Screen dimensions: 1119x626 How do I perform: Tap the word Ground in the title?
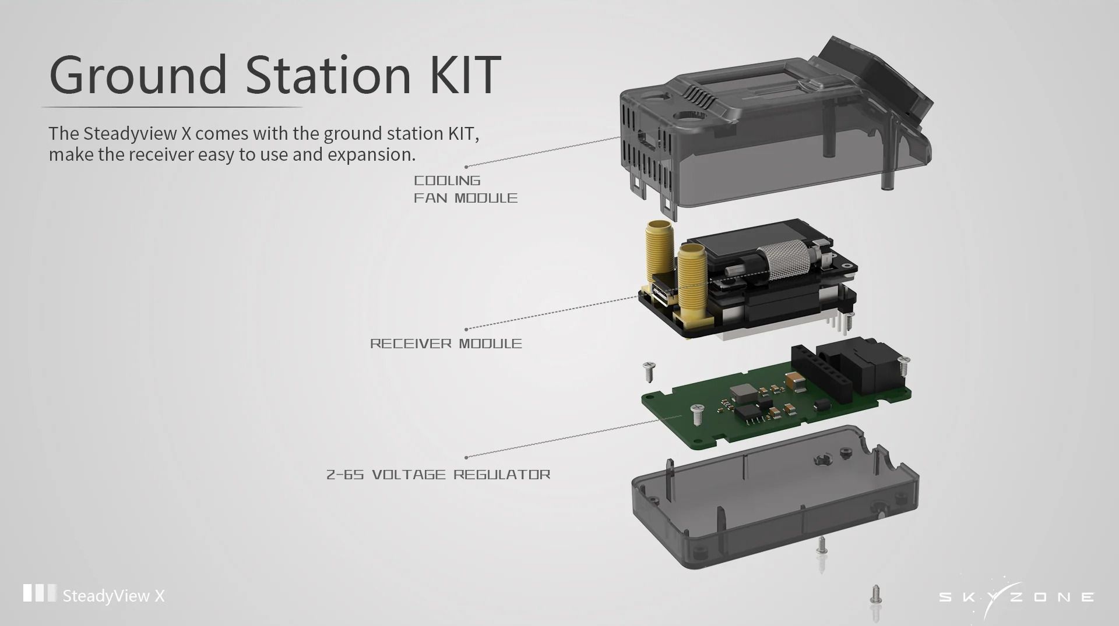(138, 75)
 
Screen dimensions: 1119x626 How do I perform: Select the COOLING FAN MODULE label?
(465, 189)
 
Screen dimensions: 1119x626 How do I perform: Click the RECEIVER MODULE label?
(446, 344)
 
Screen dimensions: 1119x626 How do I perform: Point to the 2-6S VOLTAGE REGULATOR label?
(438, 475)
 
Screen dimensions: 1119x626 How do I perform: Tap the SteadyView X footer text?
(114, 596)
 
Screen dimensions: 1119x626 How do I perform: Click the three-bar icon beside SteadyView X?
(40, 593)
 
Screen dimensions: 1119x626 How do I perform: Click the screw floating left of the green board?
(649, 371)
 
